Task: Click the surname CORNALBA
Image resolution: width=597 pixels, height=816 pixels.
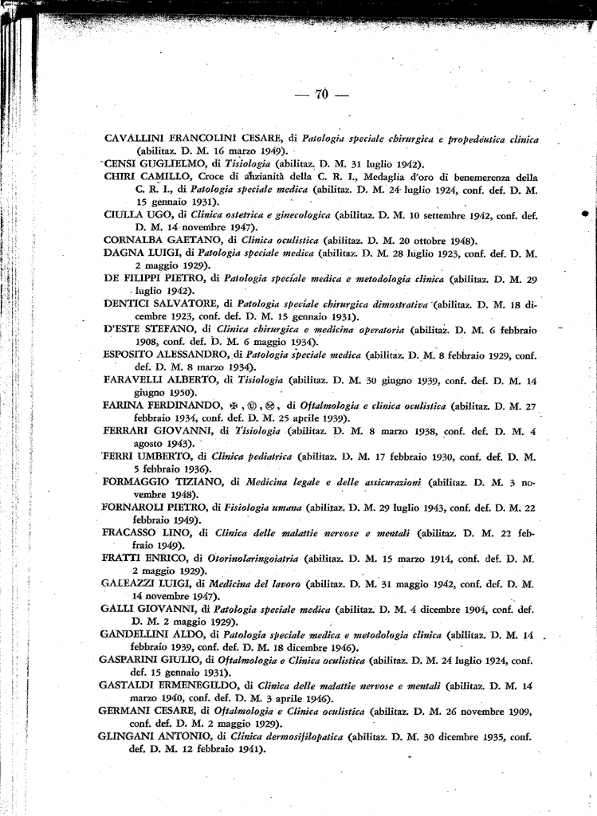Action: point(135,240)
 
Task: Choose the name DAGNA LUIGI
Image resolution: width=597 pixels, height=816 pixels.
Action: point(138,253)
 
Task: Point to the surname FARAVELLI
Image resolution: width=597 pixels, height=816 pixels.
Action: point(134,381)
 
